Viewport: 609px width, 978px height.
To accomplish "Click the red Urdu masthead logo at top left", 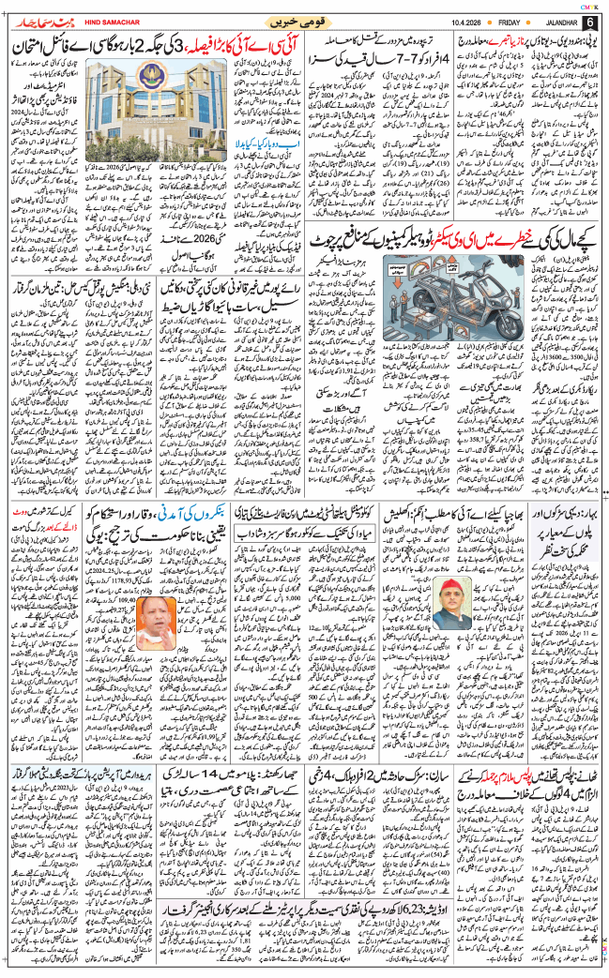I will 38,21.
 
